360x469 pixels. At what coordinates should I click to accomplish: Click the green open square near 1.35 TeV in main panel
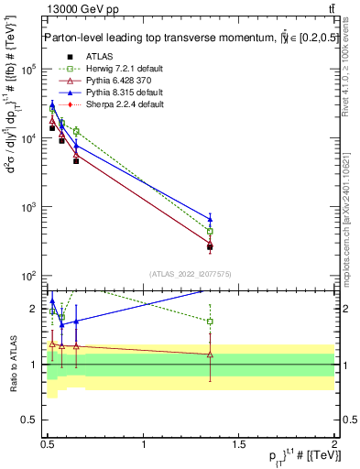click(x=210, y=232)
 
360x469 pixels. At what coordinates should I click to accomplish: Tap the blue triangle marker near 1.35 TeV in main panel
click(x=210, y=219)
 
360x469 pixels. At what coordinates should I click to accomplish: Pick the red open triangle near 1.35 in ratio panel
click(x=210, y=354)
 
